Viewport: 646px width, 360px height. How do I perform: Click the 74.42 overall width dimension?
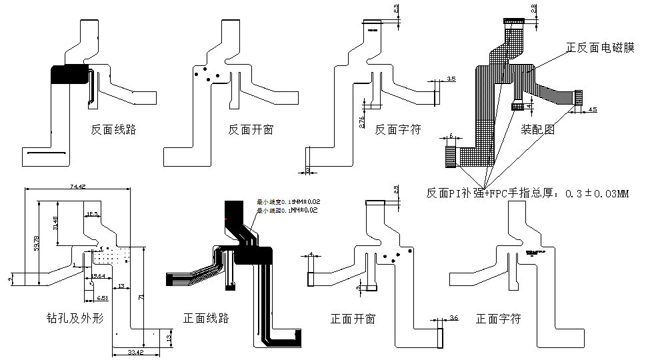coord(77,187)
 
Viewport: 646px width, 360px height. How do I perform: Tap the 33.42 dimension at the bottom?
coord(136,352)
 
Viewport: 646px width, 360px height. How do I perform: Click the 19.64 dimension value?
coord(98,275)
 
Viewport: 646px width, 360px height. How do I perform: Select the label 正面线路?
coord(206,318)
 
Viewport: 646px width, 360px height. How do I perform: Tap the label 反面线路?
coord(113,129)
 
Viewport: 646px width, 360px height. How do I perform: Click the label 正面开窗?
coord(353,319)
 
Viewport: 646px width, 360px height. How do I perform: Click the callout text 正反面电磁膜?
coord(600,48)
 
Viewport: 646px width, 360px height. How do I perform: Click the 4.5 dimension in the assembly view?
coord(593,109)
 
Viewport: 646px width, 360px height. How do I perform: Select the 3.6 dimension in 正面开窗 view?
coord(454,317)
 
